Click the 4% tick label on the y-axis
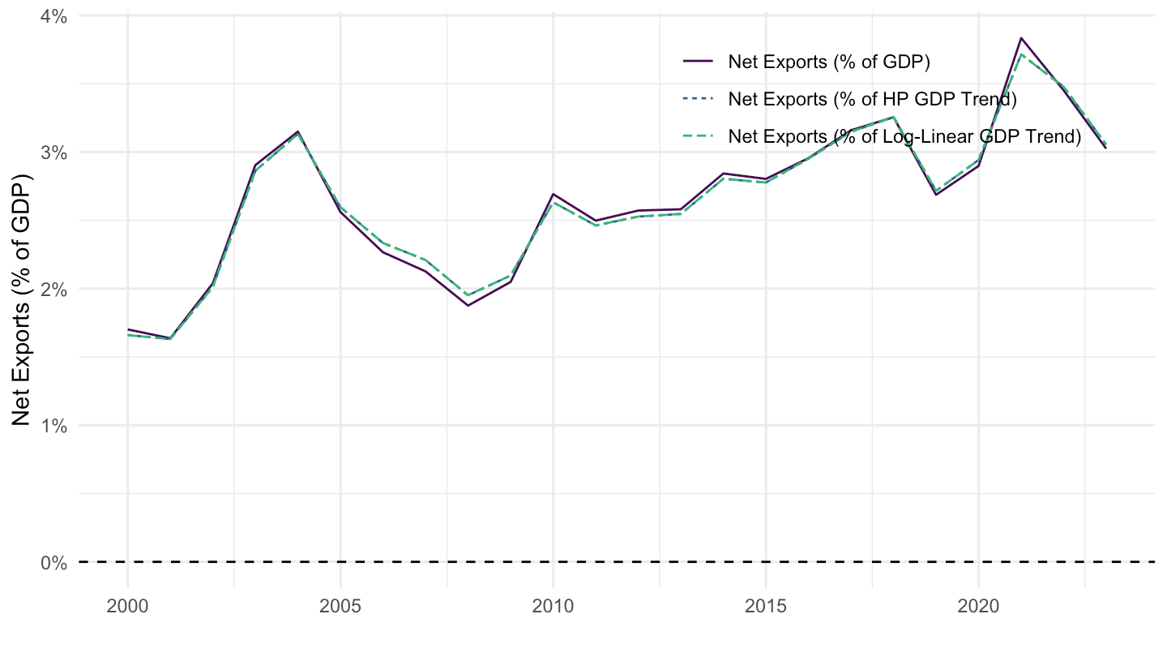coord(53,17)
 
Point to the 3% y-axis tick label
coord(53,152)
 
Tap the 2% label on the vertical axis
coord(53,290)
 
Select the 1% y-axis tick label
coord(53,426)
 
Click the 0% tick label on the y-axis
coord(53,563)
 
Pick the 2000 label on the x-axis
coord(128,607)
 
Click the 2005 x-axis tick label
coord(340,607)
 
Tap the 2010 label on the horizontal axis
coord(553,607)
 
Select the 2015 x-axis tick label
coord(765,607)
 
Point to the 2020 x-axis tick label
coord(978,607)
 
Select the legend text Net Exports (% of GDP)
coord(829,62)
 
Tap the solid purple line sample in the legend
coord(698,62)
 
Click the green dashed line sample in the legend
coord(698,136)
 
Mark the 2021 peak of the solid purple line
coord(1021,38)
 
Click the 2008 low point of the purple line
coord(468,306)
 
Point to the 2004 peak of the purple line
coord(298,131)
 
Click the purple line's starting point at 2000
coord(128,329)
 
